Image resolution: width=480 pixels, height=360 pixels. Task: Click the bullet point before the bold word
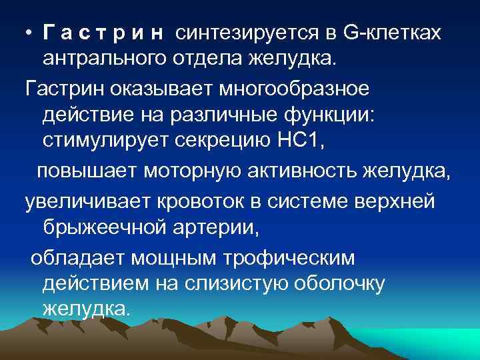(29, 33)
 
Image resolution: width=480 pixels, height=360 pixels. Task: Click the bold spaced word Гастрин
(105, 32)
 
